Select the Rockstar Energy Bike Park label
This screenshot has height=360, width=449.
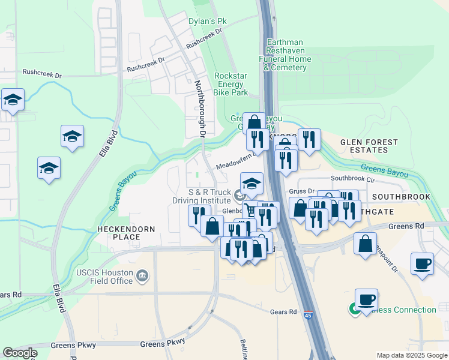point(231,84)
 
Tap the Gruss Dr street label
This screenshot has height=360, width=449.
point(302,191)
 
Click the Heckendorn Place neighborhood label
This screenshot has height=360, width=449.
point(127,233)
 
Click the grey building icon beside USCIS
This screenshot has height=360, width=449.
point(143,276)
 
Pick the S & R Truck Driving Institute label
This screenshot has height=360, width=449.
point(209,196)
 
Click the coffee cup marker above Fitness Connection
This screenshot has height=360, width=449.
point(366,299)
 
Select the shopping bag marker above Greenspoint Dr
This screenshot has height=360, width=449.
point(365,244)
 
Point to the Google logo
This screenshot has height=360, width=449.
point(20,353)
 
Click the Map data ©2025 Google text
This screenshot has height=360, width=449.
point(412,355)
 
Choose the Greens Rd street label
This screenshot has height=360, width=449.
point(402,226)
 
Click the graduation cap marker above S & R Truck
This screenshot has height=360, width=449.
point(252,184)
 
